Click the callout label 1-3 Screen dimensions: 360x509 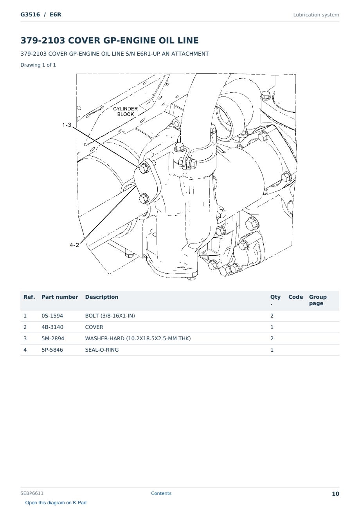tap(67, 125)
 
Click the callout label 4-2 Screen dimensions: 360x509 tap(74, 245)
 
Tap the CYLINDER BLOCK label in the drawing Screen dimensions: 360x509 tap(125, 112)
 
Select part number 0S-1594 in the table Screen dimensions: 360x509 tap(52, 316)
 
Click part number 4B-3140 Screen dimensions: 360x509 tap(52, 327)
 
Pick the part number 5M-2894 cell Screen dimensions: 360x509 tap(53, 339)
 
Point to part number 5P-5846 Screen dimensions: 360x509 tap(52, 350)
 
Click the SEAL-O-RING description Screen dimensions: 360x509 tap(102, 350)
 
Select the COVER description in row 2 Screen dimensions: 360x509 tap(94, 327)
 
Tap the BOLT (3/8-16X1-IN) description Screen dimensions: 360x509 tap(110, 316)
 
